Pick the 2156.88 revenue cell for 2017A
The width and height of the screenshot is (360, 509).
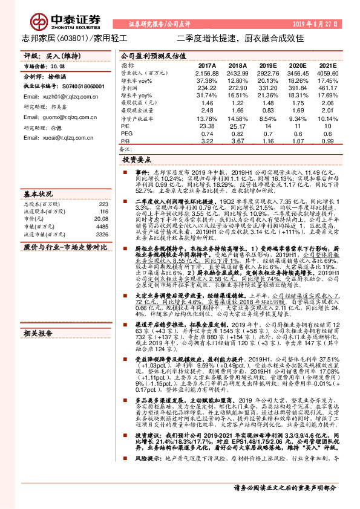click(x=207, y=72)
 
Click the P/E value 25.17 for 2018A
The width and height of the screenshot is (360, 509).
click(x=238, y=126)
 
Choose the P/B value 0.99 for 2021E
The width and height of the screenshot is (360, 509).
click(x=327, y=141)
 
